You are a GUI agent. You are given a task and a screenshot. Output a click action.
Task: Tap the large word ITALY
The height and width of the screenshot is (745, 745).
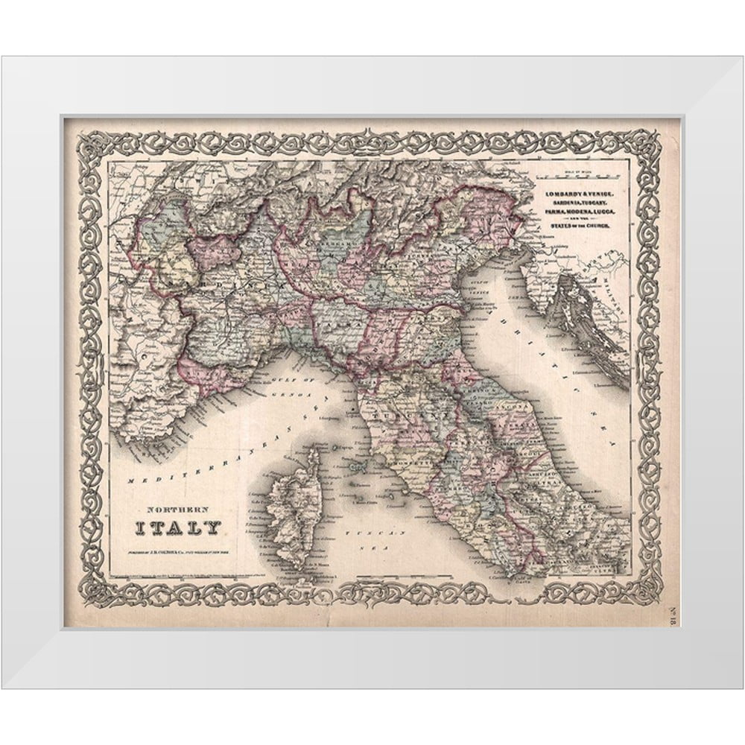click(177, 530)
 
